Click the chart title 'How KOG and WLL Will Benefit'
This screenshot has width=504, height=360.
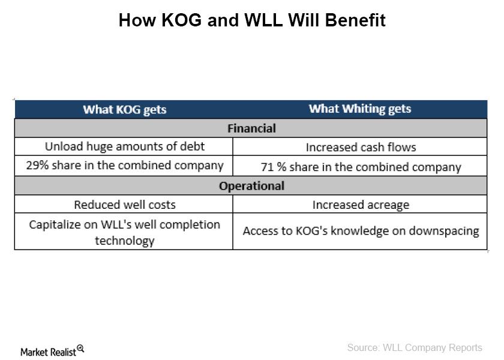point(252,20)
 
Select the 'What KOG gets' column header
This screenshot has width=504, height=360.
point(125,110)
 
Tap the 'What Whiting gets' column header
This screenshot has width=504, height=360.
point(360,109)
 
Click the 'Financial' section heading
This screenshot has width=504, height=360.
point(251,128)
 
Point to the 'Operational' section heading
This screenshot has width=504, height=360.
point(251,186)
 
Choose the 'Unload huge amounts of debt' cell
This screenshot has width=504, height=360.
point(125,146)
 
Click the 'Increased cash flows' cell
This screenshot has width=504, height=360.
point(361,147)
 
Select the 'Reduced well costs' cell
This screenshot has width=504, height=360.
point(125,205)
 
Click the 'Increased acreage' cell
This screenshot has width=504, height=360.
point(361,205)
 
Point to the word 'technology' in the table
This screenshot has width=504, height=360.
point(125,241)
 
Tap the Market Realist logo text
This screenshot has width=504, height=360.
point(48,352)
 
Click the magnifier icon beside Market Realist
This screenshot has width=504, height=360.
point(80,349)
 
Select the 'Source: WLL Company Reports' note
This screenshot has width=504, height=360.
point(415,347)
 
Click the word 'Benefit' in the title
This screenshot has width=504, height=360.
point(355,20)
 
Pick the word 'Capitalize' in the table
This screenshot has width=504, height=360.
point(55,224)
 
